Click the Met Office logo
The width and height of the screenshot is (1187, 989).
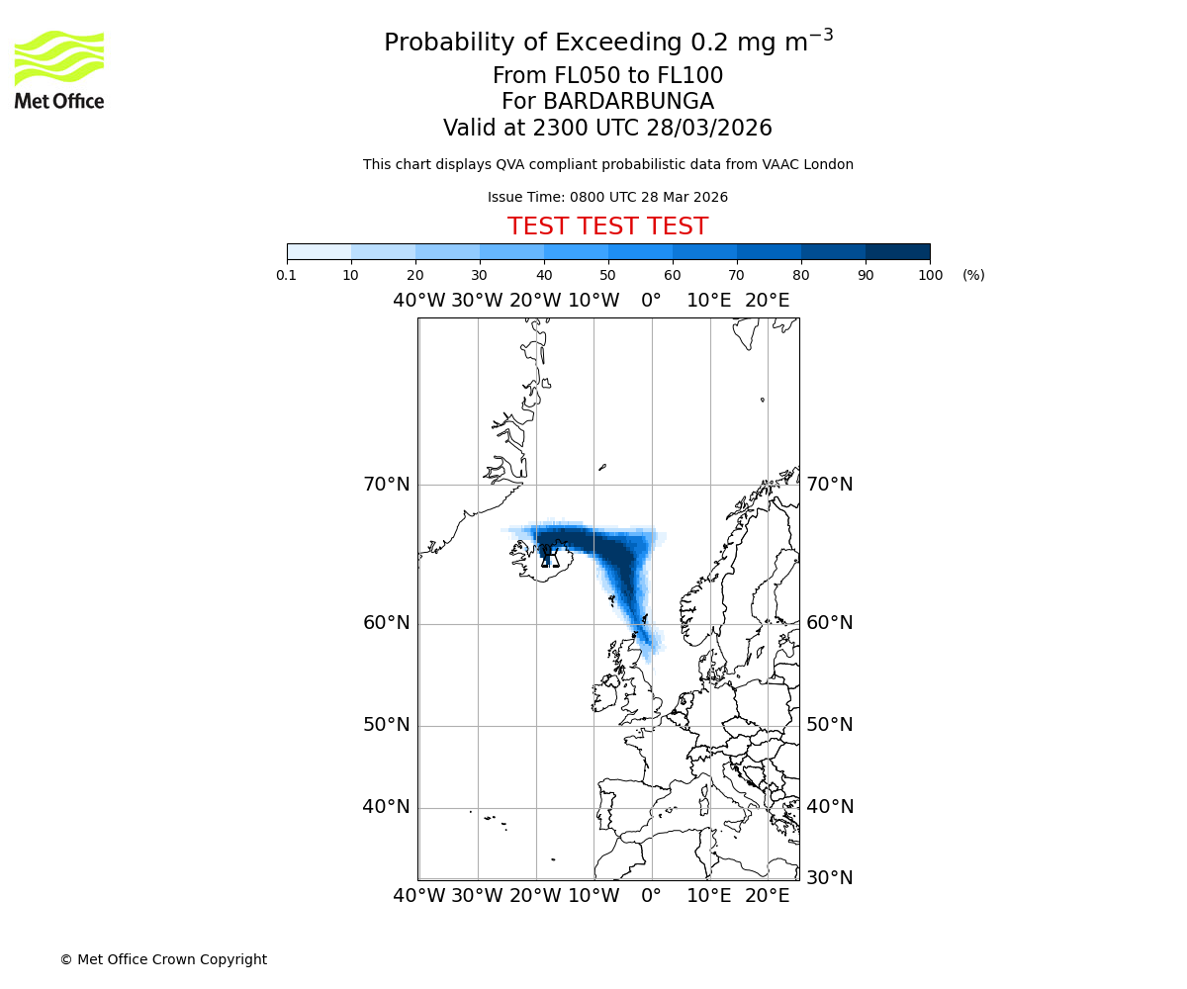pos(59,69)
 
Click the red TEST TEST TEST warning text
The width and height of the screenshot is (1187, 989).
pos(607,227)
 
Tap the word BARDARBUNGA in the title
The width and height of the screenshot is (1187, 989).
pos(607,102)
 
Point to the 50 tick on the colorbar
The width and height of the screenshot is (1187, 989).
pos(608,275)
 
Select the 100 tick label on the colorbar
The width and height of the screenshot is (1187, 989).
pos(930,275)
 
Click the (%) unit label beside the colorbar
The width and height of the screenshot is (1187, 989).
pos(973,275)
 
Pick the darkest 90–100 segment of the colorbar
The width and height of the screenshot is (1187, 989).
pos(897,251)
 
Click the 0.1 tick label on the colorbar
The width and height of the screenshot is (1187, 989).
pos(287,275)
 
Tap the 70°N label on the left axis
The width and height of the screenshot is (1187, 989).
pos(386,485)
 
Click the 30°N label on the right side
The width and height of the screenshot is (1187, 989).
pos(829,877)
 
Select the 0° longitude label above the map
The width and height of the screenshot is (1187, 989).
pos(651,301)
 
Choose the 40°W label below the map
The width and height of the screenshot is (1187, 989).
pos(419,896)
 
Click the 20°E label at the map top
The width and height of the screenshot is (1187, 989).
pos(767,301)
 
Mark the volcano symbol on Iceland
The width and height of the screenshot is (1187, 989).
pos(550,559)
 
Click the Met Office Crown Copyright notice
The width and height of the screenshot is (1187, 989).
pos(163,959)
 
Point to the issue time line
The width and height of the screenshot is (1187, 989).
pos(607,198)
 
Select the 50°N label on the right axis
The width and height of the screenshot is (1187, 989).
pos(829,725)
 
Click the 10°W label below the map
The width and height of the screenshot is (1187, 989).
pos(593,896)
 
